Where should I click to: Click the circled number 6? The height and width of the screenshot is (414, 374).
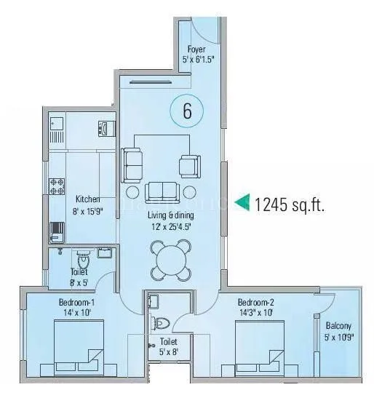click(x=186, y=111)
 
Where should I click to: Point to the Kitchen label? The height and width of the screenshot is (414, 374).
click(x=87, y=199)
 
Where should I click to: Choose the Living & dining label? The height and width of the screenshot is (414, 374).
click(x=172, y=215)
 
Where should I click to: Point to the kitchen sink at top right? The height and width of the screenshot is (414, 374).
click(x=103, y=129)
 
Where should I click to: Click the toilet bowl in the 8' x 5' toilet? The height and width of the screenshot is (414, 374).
click(x=82, y=259)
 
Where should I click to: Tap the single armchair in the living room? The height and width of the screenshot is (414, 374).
click(x=188, y=166)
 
